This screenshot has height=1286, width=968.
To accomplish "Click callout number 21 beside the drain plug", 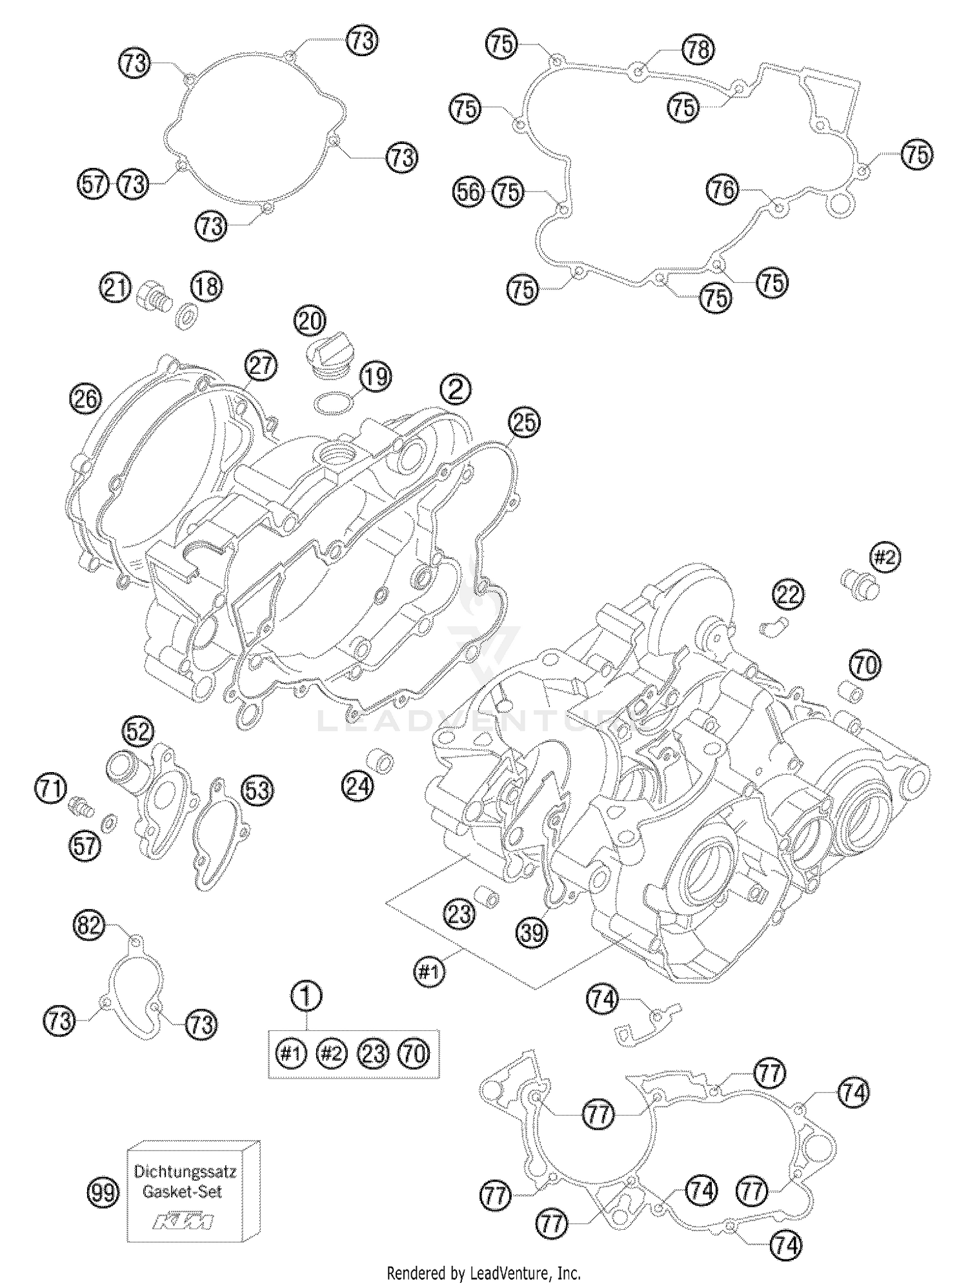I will pos(116,287).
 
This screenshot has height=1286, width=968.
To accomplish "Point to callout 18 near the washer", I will pos(206,286).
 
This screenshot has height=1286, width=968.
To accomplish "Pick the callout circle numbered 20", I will pos(310,321).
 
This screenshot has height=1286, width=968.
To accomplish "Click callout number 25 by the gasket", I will pos(524,422).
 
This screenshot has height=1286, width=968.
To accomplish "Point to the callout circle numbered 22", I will pos(788,594).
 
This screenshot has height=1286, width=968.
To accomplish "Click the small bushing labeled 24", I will pos(382,762).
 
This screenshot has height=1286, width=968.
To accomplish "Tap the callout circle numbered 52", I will pos(139,731).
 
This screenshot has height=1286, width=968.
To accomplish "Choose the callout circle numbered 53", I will pos(257,790).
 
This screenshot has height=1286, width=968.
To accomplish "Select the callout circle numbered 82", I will pos(89,927).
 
